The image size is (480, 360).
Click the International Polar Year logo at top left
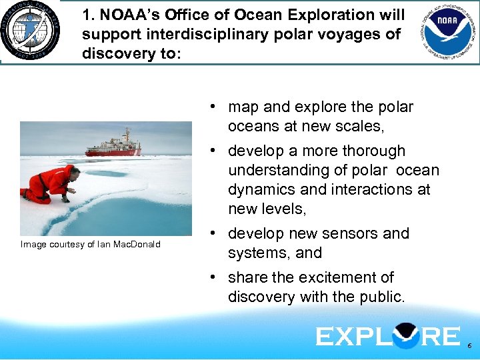tap(30, 32)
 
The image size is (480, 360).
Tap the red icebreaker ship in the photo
tap(113, 143)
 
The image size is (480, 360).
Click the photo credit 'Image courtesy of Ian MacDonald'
tap(91, 245)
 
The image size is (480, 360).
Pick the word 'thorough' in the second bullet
tap(375, 151)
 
